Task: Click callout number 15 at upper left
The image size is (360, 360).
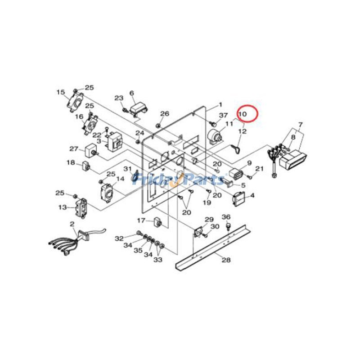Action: click(x=61, y=92)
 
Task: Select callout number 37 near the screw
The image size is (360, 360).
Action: click(x=224, y=116)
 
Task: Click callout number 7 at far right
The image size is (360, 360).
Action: click(x=301, y=124)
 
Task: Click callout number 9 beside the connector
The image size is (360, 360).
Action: click(x=248, y=163)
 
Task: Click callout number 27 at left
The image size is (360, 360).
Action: click(x=73, y=148)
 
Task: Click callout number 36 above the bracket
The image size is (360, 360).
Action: click(x=226, y=217)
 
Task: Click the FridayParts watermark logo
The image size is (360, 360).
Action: click(x=180, y=180)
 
